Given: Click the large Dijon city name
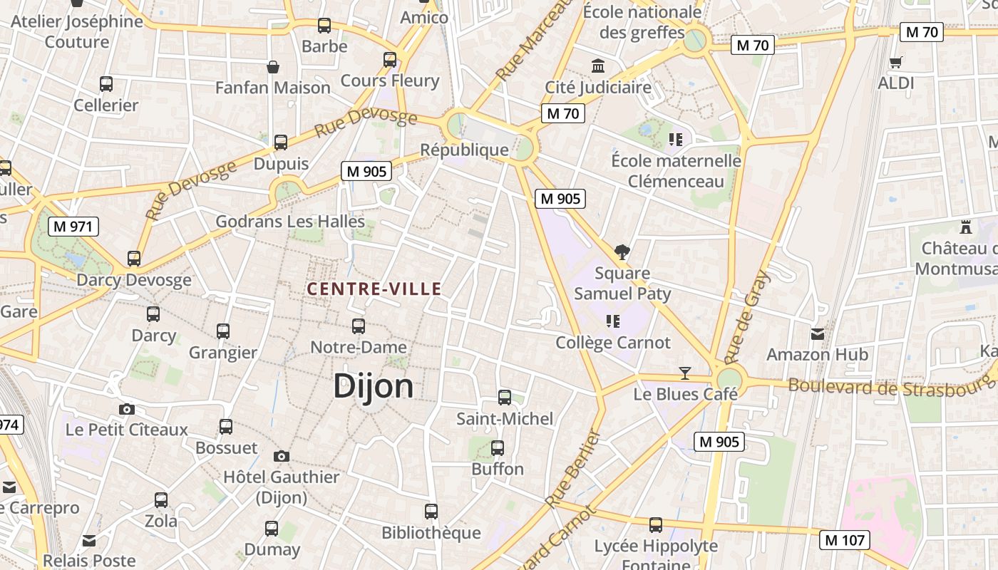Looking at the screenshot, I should [x=373, y=386].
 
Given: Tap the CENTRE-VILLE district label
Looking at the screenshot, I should [x=374, y=289].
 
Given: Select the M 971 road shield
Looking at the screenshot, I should [x=73, y=227].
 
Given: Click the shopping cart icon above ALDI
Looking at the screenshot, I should [x=896, y=62].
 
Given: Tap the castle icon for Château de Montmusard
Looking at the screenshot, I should [x=966, y=227].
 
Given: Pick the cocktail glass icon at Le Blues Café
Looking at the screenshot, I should [x=685, y=373].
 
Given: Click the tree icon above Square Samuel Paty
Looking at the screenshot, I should [x=622, y=252].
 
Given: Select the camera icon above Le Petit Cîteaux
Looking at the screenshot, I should [x=127, y=409].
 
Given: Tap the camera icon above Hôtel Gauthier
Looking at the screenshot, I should [x=282, y=456].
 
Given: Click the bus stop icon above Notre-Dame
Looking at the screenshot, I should [x=359, y=326].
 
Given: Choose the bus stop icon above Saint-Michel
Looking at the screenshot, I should [x=505, y=398].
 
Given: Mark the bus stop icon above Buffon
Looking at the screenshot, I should [x=498, y=448].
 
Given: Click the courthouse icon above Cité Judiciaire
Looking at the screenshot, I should [x=598, y=66].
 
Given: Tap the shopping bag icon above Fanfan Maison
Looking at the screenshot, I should [x=272, y=67].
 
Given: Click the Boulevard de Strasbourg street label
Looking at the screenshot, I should [x=891, y=389].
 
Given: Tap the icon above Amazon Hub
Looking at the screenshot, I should [x=817, y=333].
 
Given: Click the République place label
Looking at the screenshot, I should [x=464, y=150].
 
